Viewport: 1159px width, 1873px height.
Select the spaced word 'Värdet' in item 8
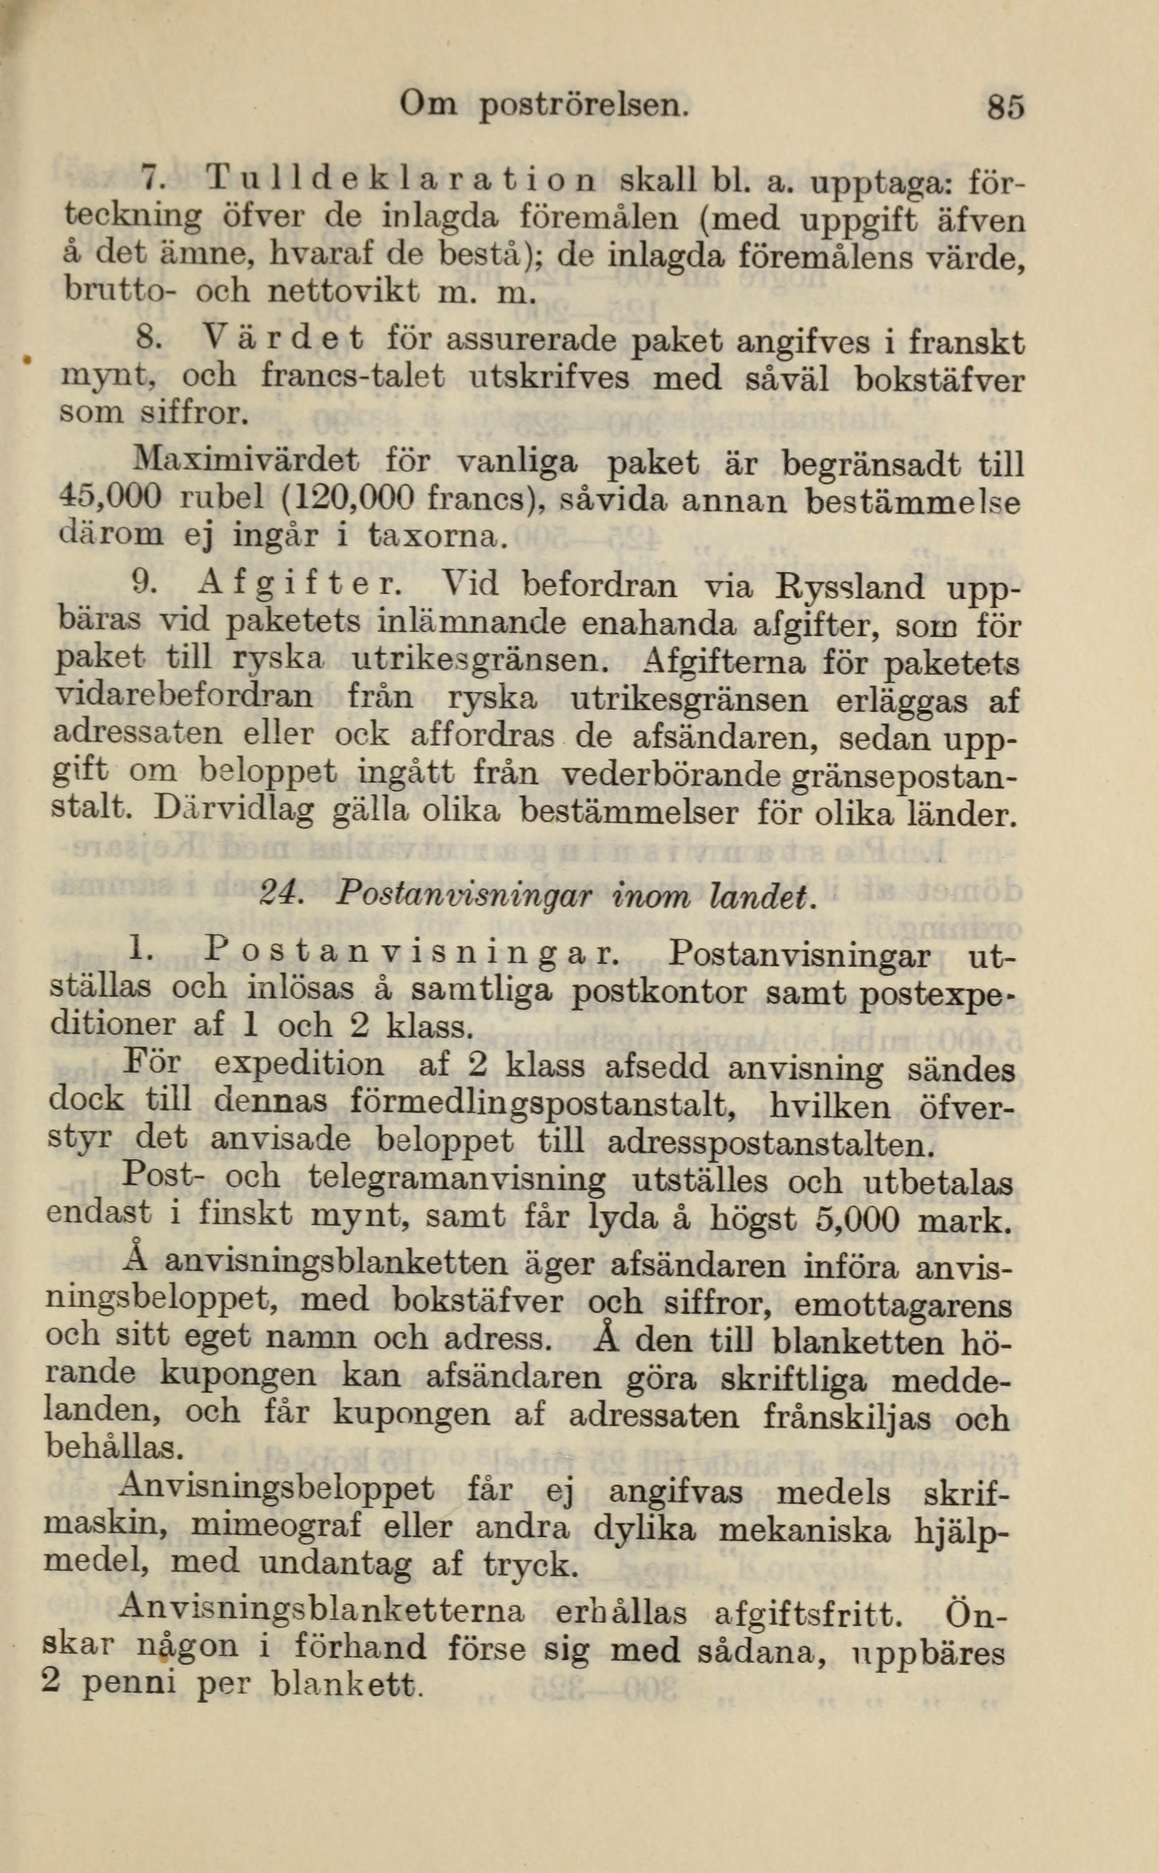point(284,339)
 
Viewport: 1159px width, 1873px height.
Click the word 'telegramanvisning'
point(456,1181)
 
